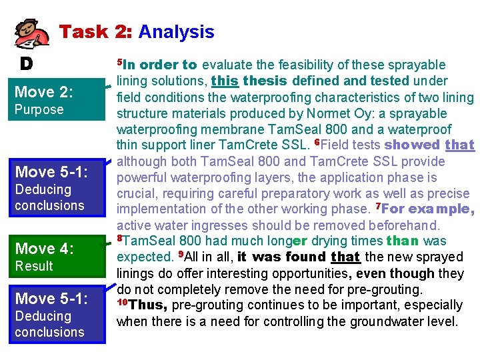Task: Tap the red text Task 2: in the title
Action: point(96,31)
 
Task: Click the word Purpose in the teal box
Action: point(39,109)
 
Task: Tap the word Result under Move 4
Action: point(34,266)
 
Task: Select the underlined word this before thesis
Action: point(225,81)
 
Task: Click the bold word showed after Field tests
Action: point(412,145)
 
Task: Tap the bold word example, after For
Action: point(441,209)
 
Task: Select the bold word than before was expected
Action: point(402,241)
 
